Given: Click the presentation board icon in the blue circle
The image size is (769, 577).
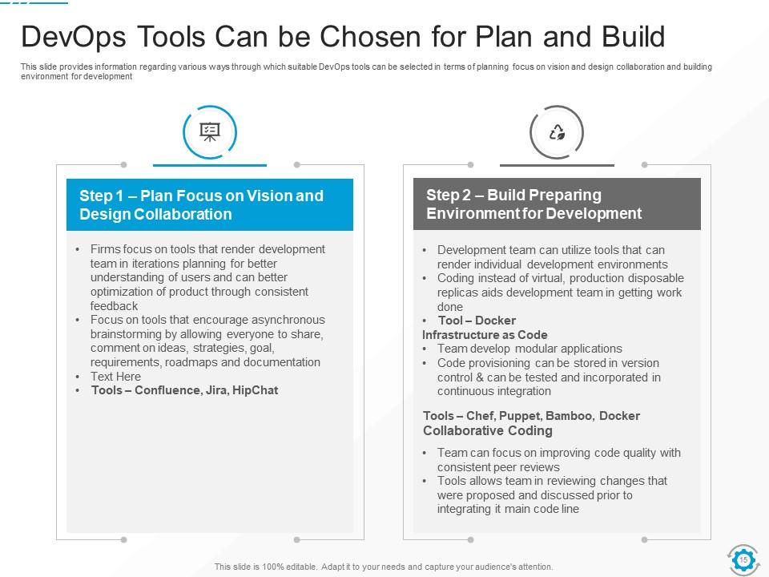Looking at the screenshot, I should pyautogui.click(x=210, y=133).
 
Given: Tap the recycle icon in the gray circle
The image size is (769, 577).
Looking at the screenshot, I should pyautogui.click(x=557, y=133).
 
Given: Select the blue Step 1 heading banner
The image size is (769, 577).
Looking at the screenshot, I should pyautogui.click(x=210, y=204).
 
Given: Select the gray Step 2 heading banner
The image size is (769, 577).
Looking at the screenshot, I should pyautogui.click(x=557, y=204).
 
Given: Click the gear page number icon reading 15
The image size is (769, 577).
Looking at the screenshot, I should pyautogui.click(x=743, y=559).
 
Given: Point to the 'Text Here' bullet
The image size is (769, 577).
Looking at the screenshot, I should pyautogui.click(x=115, y=377).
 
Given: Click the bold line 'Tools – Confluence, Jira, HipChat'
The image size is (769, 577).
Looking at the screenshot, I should pyautogui.click(x=184, y=390).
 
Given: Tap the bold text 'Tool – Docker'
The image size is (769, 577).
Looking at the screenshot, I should pyautogui.click(x=477, y=321).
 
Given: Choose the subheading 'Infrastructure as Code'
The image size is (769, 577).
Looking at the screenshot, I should pyautogui.click(x=485, y=335).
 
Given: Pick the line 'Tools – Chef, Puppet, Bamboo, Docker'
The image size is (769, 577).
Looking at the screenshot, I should pyautogui.click(x=531, y=416).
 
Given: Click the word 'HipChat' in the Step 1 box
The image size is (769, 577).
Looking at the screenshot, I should pyautogui.click(x=255, y=390).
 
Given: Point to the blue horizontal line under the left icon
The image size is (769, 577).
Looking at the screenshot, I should pyautogui.click(x=210, y=165).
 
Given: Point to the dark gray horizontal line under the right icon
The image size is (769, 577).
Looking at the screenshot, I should pyautogui.click(x=557, y=165).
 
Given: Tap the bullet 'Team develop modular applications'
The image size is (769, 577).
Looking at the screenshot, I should pyautogui.click(x=529, y=349).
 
